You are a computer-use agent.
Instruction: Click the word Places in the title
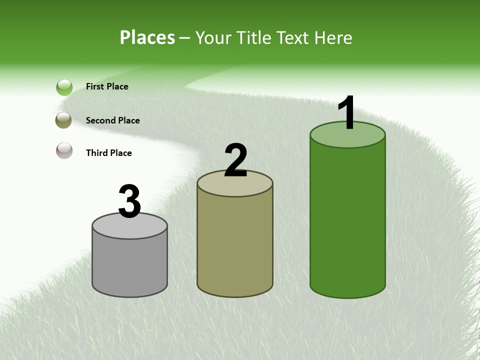point(147,37)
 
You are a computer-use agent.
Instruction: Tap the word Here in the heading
point(333,37)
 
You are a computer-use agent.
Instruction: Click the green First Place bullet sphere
point(64,87)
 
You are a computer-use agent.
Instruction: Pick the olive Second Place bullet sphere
point(64,120)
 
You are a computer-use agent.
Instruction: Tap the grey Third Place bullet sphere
point(64,150)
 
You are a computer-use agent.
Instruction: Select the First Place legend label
point(107,86)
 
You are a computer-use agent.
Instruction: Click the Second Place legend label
point(112,120)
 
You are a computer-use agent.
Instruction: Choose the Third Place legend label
point(108,153)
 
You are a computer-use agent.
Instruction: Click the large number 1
point(346,113)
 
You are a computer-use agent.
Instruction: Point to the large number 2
point(235,160)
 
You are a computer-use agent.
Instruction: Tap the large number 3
point(129,202)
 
